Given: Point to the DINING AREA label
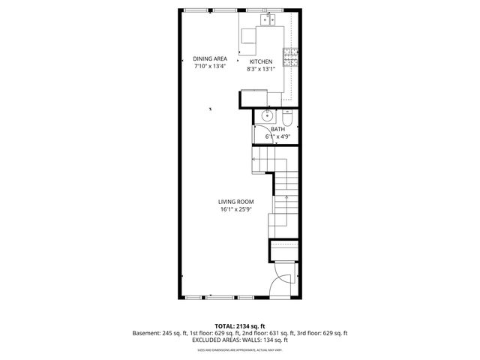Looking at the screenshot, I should click(209, 58).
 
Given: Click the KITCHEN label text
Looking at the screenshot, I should click(261, 61).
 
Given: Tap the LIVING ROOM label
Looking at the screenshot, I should click(235, 202).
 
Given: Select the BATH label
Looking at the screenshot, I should click(277, 130).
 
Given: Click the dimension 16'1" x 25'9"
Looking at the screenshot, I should click(235, 210).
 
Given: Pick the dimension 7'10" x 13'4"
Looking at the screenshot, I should click(209, 66).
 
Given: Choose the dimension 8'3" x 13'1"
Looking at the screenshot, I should click(261, 69).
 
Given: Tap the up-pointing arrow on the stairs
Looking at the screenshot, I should click(286, 199).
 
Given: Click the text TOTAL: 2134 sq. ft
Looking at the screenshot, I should click(239, 326).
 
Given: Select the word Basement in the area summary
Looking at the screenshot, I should click(147, 333).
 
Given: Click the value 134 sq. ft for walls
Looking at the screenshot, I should click(275, 340).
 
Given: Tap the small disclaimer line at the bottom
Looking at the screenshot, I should click(239, 349).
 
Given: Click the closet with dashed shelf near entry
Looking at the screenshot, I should click(284, 250).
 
